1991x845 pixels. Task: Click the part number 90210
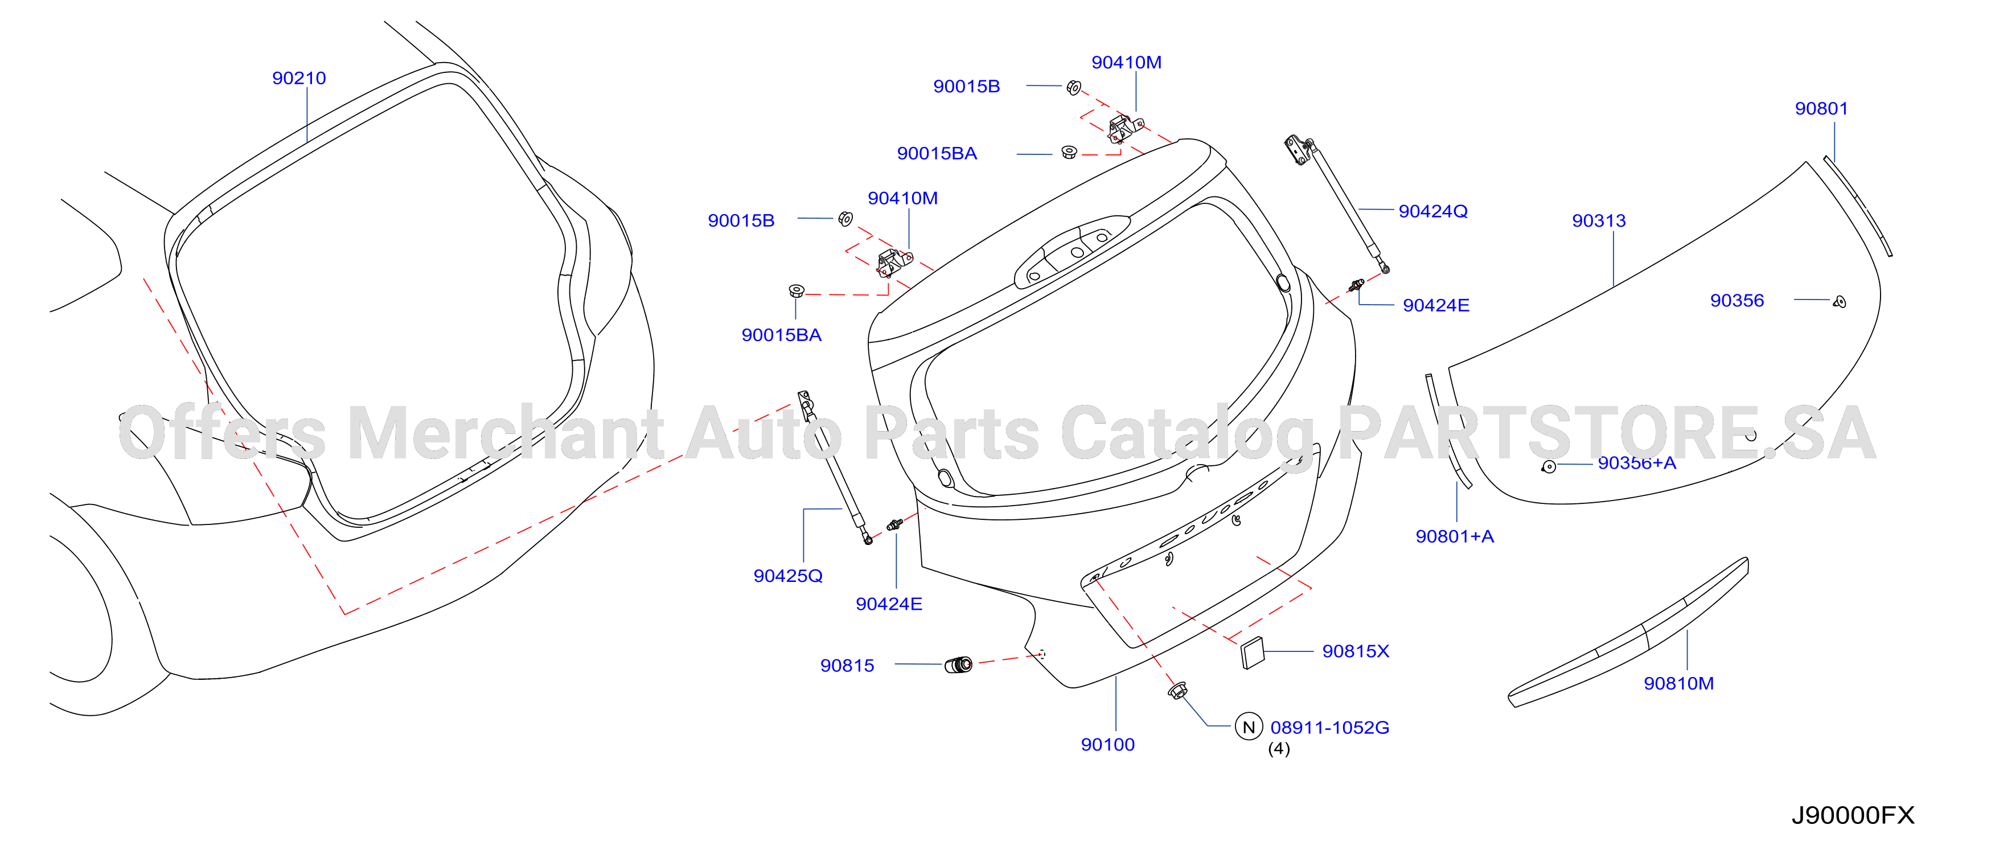point(299,78)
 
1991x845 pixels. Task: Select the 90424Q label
point(1433,211)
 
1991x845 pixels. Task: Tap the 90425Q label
point(787,576)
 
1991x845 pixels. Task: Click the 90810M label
point(1679,683)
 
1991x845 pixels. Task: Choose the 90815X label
point(1356,651)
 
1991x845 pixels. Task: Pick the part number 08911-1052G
point(1329,728)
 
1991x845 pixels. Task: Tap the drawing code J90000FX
point(1853,815)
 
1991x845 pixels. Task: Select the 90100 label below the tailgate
point(1107,744)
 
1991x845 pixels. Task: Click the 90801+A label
point(1455,536)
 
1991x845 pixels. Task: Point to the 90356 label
point(1737,301)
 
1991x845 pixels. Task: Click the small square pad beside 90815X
point(1252,653)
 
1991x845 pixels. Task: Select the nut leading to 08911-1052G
point(1177,690)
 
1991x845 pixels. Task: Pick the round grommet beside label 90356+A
point(1549,467)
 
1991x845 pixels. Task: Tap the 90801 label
point(1821,109)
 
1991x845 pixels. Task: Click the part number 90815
point(847,666)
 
